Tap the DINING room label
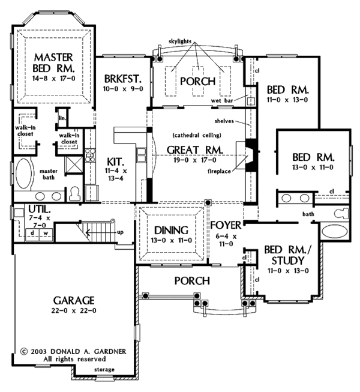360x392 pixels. [x=171, y=230]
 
